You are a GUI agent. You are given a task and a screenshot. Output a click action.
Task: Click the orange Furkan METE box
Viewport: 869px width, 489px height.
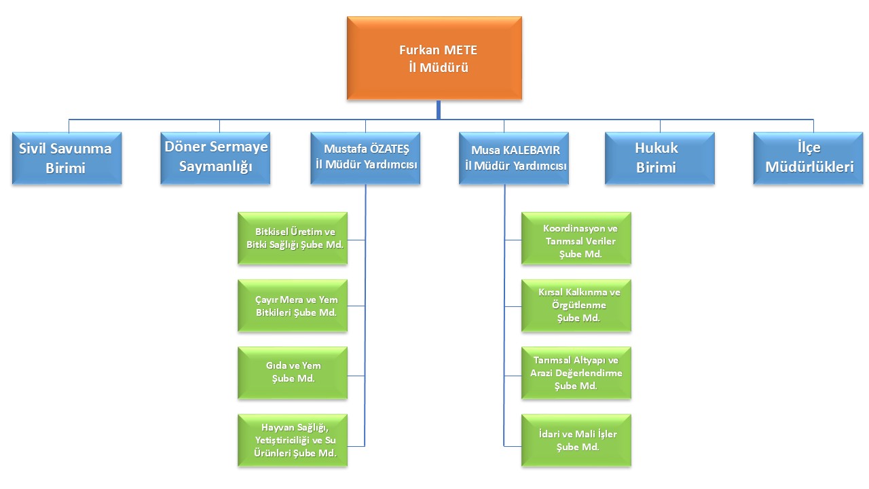coord(434,58)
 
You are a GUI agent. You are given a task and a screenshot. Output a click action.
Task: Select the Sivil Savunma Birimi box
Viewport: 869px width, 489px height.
coord(67,158)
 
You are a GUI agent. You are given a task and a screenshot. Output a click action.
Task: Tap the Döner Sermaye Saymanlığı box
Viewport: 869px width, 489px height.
coord(215,158)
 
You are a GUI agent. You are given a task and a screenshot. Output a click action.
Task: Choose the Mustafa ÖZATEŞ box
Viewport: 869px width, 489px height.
coord(365,158)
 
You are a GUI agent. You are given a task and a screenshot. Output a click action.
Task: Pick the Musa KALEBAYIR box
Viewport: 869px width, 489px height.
coord(513,158)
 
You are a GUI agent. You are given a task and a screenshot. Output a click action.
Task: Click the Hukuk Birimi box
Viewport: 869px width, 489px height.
coord(659,158)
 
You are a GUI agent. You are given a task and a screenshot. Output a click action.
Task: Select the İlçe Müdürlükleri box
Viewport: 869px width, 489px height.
coord(808,158)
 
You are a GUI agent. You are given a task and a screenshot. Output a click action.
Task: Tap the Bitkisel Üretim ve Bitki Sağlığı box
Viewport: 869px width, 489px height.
coord(293,238)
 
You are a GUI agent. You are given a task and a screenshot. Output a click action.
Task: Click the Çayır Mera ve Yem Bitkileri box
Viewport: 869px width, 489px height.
coord(293,306)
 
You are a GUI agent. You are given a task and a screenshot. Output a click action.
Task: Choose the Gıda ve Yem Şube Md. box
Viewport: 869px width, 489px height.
coord(293,373)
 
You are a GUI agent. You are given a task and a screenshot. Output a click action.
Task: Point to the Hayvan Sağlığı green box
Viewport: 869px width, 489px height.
coord(293,440)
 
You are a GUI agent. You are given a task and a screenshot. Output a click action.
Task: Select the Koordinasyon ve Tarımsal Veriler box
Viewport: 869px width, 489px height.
coord(576,238)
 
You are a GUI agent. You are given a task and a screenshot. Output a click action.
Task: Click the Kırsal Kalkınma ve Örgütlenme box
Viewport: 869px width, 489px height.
coord(576,306)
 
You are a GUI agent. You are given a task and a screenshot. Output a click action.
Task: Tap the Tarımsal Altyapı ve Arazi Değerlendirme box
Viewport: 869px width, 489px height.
coord(576,373)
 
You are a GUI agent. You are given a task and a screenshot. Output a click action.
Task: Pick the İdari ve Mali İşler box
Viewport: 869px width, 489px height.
coord(576,440)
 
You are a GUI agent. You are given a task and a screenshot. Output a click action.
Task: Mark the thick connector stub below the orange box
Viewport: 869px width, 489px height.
coord(439,108)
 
